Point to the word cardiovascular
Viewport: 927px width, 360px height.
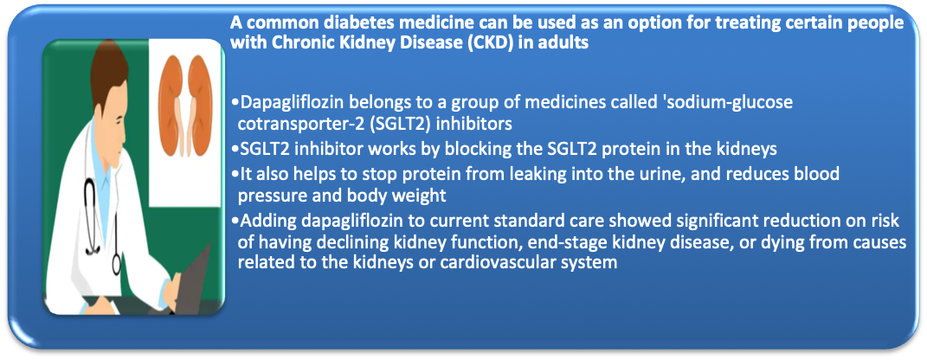(503, 262)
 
